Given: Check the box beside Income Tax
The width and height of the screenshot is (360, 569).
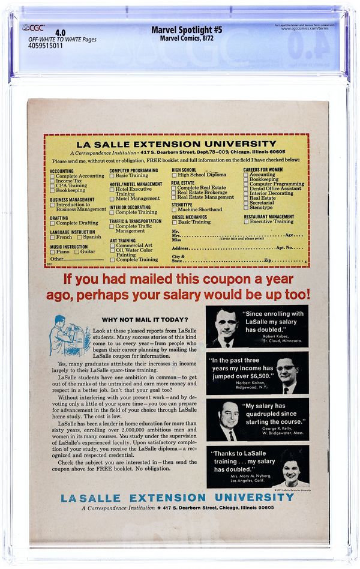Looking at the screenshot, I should (53, 181).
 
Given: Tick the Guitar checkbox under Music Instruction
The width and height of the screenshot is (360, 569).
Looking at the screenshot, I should (77, 251).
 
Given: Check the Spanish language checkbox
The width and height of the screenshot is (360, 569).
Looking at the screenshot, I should (79, 237).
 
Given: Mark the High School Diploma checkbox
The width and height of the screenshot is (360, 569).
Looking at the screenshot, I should (174, 175).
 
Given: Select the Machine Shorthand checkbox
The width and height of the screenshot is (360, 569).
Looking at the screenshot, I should (174, 209).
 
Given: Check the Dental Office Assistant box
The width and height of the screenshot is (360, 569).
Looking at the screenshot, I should (246, 188).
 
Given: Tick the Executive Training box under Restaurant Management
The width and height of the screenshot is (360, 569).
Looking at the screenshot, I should (246, 221).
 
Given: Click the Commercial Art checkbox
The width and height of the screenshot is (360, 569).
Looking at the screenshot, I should (112, 245).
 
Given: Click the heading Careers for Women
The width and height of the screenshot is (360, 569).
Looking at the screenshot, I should (263, 170).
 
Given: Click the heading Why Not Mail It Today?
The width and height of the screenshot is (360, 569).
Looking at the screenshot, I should (145, 319).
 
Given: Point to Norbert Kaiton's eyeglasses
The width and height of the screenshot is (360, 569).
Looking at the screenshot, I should (286, 367).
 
